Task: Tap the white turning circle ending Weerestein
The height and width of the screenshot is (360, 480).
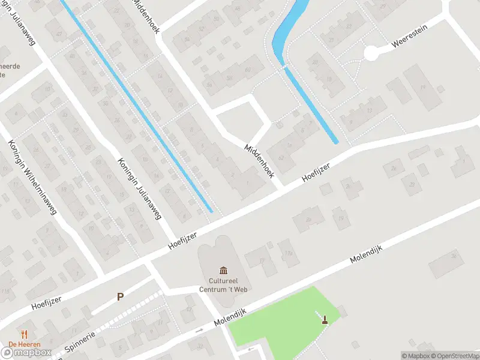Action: coord(372,54)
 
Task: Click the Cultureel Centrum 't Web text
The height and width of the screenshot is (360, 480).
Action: coord(224,284)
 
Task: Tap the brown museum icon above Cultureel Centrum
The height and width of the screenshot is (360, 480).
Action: coord(224,271)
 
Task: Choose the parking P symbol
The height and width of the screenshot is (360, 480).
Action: coord(121,296)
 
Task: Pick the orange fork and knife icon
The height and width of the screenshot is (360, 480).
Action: coord(25,334)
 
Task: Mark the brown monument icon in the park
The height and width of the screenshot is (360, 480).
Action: coord(325,319)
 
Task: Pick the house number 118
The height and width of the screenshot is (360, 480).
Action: coord(6,292)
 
